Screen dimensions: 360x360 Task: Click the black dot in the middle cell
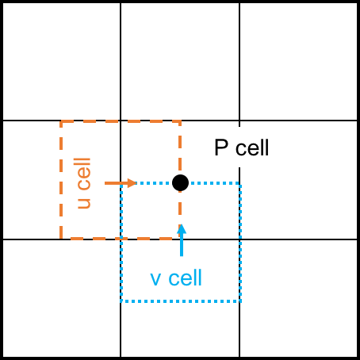(x=180, y=182)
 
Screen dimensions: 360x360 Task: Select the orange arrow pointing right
(x=121, y=183)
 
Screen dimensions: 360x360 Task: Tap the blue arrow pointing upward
(x=182, y=240)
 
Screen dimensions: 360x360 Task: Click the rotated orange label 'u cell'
(x=84, y=183)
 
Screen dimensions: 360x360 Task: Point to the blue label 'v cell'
(x=176, y=278)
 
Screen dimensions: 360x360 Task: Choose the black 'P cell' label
(x=242, y=147)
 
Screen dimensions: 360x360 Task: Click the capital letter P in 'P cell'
(x=221, y=147)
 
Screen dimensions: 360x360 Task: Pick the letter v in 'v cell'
(x=155, y=280)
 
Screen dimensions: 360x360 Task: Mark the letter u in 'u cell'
(x=84, y=203)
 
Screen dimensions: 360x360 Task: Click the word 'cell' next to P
(x=252, y=147)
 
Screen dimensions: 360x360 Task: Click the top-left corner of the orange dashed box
(x=61, y=121)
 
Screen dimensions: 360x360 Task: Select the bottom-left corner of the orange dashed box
(x=61, y=239)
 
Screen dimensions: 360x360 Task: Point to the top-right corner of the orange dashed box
(x=180, y=121)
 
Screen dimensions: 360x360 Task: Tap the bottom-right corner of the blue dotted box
(x=240, y=301)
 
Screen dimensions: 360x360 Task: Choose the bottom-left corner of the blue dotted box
(x=121, y=301)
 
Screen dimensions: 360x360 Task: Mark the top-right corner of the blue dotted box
(x=240, y=183)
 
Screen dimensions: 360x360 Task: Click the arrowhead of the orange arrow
(x=132, y=183)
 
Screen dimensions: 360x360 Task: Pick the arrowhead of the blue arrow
(x=182, y=229)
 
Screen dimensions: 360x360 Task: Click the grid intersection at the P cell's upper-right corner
(x=239, y=121)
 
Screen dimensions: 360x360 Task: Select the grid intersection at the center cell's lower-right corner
(x=239, y=239)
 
